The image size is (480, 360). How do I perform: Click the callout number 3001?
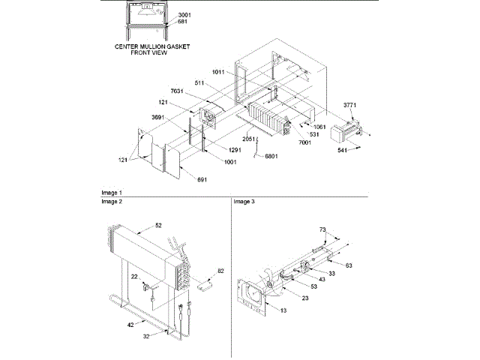click(x=184, y=15)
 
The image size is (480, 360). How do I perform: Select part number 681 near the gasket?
click(x=182, y=22)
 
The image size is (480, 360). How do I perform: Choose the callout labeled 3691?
click(x=157, y=117)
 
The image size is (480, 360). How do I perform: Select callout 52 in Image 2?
click(x=158, y=225)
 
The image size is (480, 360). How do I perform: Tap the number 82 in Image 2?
click(x=220, y=270)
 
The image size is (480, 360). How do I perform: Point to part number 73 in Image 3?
click(x=322, y=229)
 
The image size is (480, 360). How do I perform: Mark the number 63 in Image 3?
click(x=349, y=265)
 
